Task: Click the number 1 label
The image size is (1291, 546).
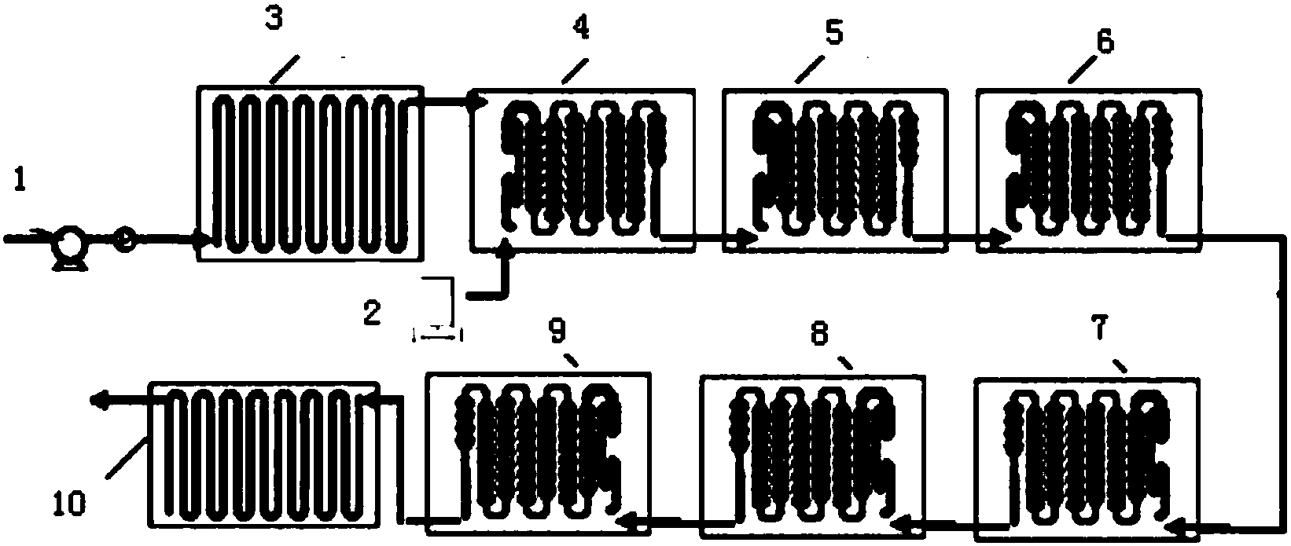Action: (x=20, y=181)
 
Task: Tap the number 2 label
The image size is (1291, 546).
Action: (x=373, y=313)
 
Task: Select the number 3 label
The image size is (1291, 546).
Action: (x=274, y=20)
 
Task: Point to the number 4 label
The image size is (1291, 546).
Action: (x=581, y=27)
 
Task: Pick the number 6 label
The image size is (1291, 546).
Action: (x=1105, y=41)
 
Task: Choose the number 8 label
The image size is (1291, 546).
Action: (x=819, y=333)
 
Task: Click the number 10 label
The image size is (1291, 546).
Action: (x=69, y=503)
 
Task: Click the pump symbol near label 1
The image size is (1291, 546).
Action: (x=68, y=247)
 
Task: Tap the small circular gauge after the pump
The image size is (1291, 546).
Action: (x=127, y=239)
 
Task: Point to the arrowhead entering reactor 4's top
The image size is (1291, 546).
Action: (x=480, y=102)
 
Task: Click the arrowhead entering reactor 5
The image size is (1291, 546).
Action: (x=748, y=236)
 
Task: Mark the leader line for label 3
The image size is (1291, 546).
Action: (x=284, y=70)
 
